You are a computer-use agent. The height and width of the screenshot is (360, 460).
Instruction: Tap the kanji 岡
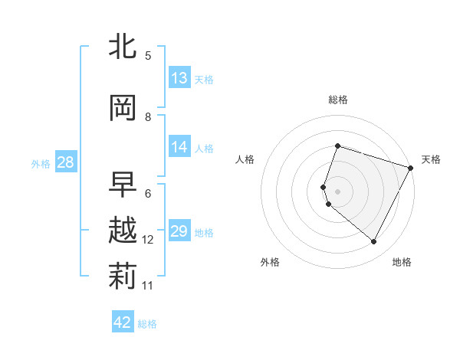pyautogui.click(x=123, y=108)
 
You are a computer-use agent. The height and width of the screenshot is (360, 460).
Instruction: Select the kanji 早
pyautogui.click(x=123, y=185)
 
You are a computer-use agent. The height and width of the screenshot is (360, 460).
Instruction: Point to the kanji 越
pyautogui.click(x=123, y=231)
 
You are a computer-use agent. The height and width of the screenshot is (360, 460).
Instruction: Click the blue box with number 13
pyautogui.click(x=179, y=78)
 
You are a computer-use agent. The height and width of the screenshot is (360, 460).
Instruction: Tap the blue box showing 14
pyautogui.click(x=179, y=147)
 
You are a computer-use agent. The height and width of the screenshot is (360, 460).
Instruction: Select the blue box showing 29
pyautogui.click(x=179, y=231)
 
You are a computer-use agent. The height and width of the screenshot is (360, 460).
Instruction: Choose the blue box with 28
pyautogui.click(x=65, y=162)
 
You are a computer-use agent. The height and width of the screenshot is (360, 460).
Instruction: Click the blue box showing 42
pyautogui.click(x=123, y=322)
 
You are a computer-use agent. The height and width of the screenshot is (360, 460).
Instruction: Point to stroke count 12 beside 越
pyautogui.click(x=148, y=240)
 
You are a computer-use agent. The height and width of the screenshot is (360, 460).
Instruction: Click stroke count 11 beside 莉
pyautogui.click(x=148, y=286)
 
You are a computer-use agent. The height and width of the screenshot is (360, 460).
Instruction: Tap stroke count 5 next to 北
pyautogui.click(x=148, y=56)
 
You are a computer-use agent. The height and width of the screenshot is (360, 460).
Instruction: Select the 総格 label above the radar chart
pyautogui.click(x=338, y=100)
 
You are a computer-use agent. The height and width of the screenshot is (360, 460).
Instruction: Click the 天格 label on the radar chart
pyautogui.click(x=431, y=159)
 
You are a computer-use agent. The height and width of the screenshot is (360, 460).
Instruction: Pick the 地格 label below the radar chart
pyautogui.click(x=402, y=262)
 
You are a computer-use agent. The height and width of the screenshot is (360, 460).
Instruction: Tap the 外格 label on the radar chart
pyautogui.click(x=270, y=262)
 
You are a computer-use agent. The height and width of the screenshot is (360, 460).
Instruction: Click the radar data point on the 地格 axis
pyautogui.click(x=374, y=242)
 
